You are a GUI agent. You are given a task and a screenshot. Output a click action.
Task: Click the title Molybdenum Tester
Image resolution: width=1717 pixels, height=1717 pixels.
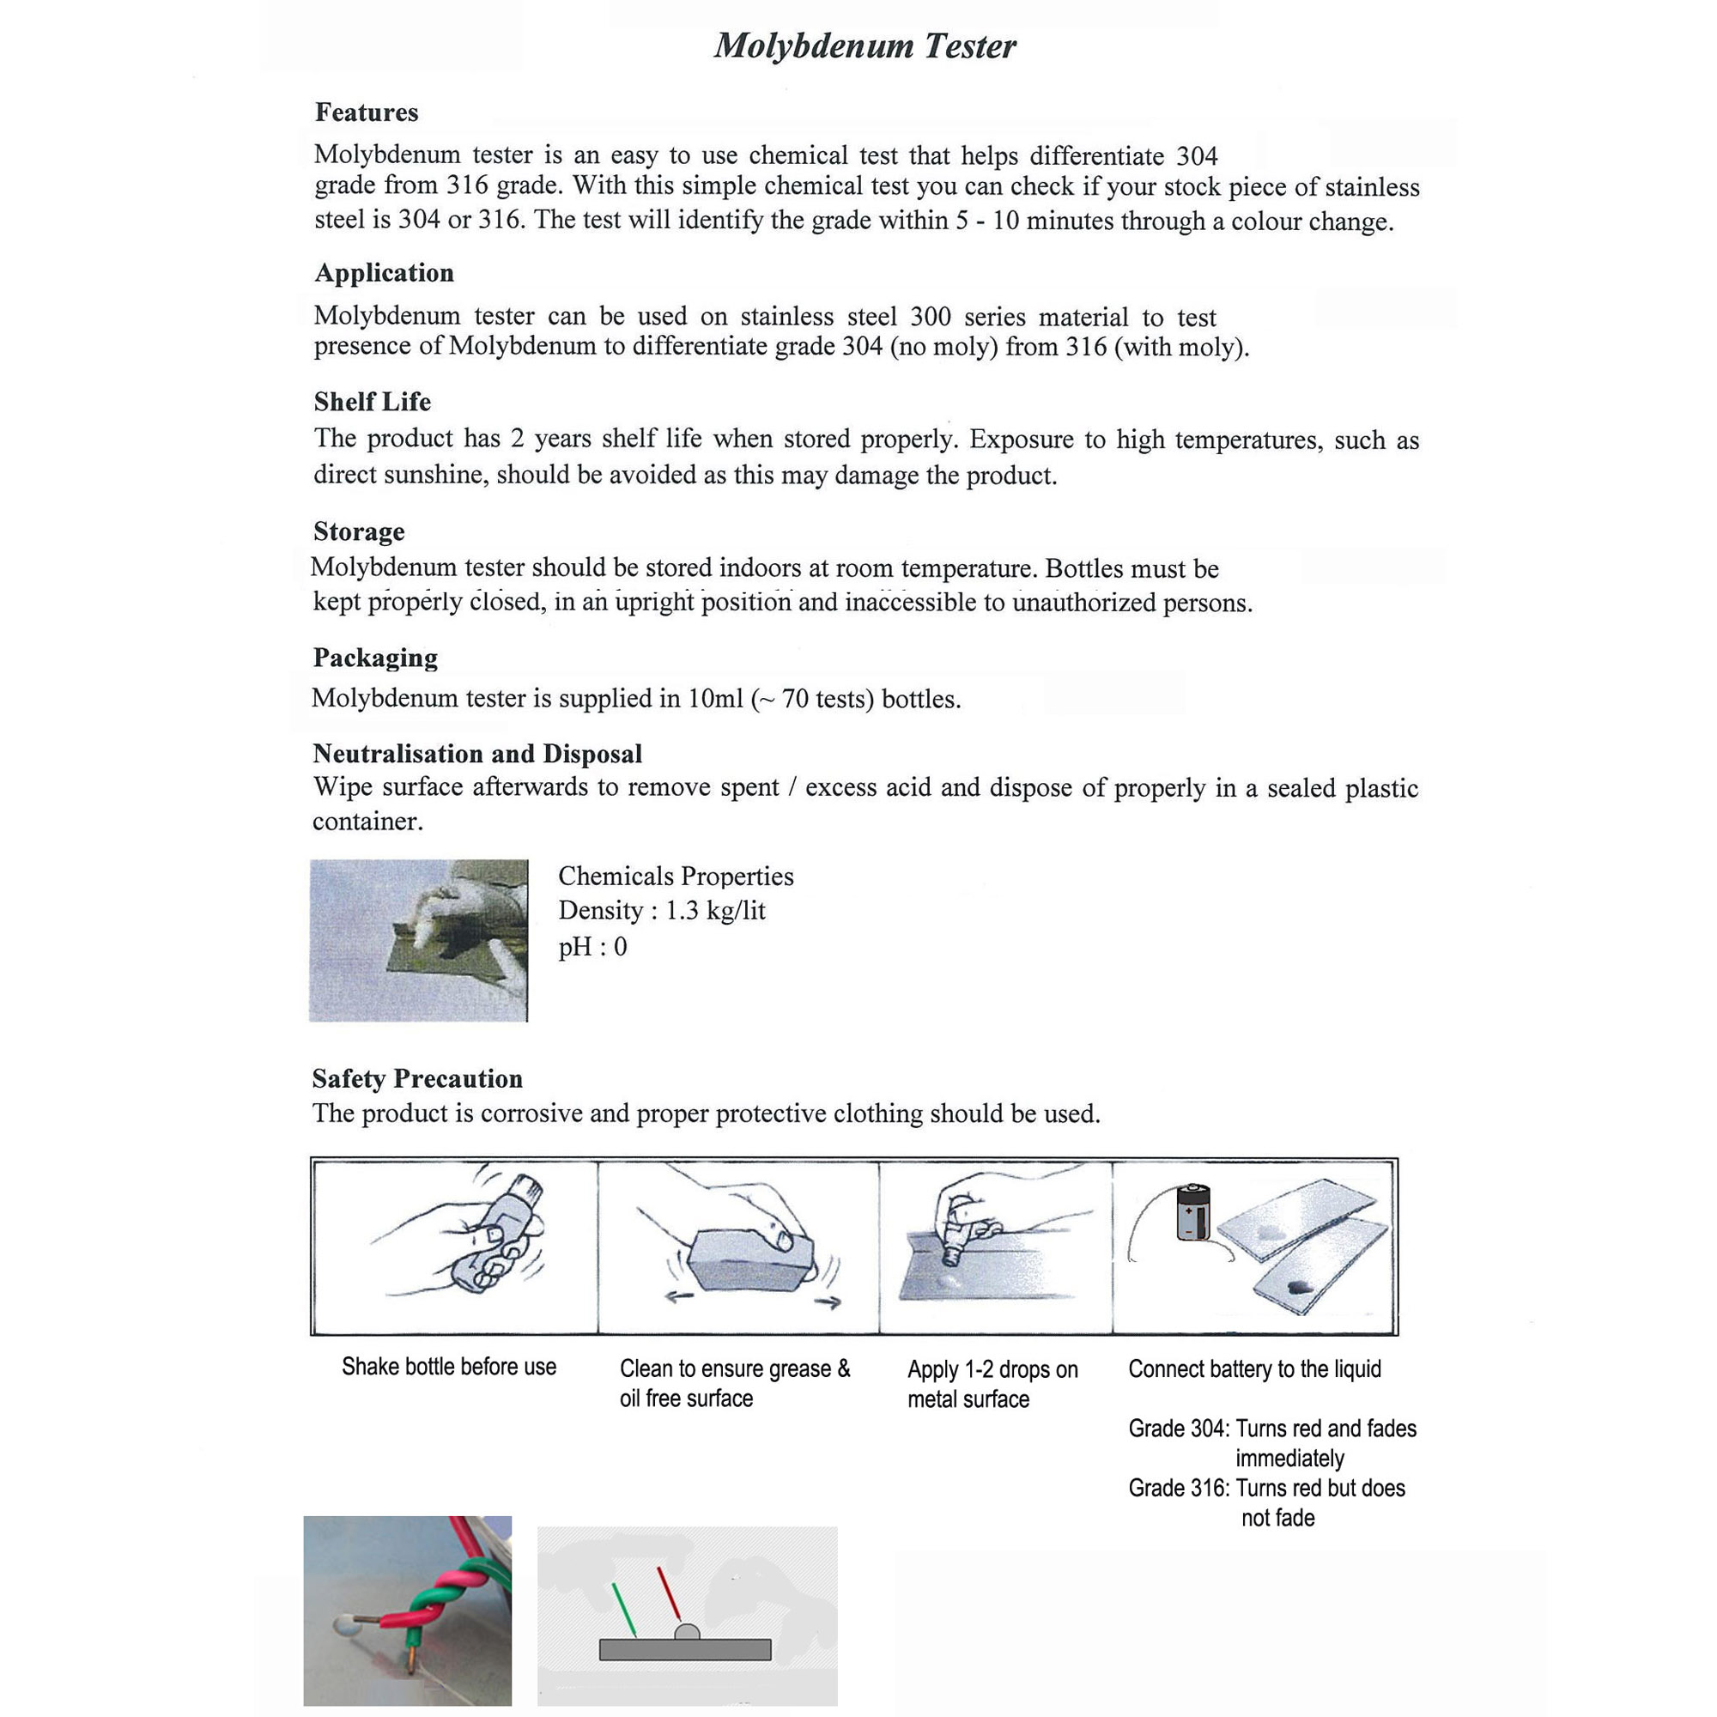[x=865, y=46]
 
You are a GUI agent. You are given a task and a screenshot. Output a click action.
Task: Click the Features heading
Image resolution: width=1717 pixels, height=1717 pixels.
[x=367, y=112]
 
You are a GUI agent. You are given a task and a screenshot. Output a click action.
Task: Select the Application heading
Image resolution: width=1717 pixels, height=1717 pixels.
[x=384, y=273]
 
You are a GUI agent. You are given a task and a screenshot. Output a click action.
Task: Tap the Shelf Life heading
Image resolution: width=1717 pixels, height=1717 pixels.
[x=373, y=402]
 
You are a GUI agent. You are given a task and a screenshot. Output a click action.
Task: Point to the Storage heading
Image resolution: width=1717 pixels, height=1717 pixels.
[x=359, y=531]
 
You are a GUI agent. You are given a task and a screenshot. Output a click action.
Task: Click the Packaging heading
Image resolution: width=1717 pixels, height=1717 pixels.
[x=375, y=658]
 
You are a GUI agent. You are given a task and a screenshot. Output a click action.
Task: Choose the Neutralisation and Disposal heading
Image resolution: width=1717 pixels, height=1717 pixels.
[x=477, y=754]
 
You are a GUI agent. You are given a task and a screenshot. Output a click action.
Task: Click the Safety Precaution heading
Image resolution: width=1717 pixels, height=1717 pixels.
[x=417, y=1079]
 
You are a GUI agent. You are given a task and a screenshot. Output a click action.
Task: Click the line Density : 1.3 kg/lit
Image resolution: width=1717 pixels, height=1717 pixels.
[x=661, y=911]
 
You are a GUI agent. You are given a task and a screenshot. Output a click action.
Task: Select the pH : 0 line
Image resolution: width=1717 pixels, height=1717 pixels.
[x=592, y=946]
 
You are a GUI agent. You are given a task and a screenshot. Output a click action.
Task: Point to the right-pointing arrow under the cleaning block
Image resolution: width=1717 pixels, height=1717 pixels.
[x=828, y=1304]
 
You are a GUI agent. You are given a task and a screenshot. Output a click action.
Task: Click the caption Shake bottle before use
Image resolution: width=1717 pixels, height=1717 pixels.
[x=449, y=1367]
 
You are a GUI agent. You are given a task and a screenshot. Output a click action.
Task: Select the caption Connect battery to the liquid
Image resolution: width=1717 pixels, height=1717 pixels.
[x=1254, y=1368]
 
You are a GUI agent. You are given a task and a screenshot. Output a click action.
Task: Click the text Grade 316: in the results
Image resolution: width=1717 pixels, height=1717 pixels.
[x=1179, y=1489]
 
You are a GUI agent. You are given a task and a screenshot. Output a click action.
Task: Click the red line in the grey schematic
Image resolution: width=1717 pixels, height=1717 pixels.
[x=668, y=1592]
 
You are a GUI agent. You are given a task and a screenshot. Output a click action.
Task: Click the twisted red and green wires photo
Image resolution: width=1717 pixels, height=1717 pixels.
[x=407, y=1610]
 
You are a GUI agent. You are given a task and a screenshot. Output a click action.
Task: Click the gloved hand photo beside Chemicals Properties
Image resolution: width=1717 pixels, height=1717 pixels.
[x=419, y=940]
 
